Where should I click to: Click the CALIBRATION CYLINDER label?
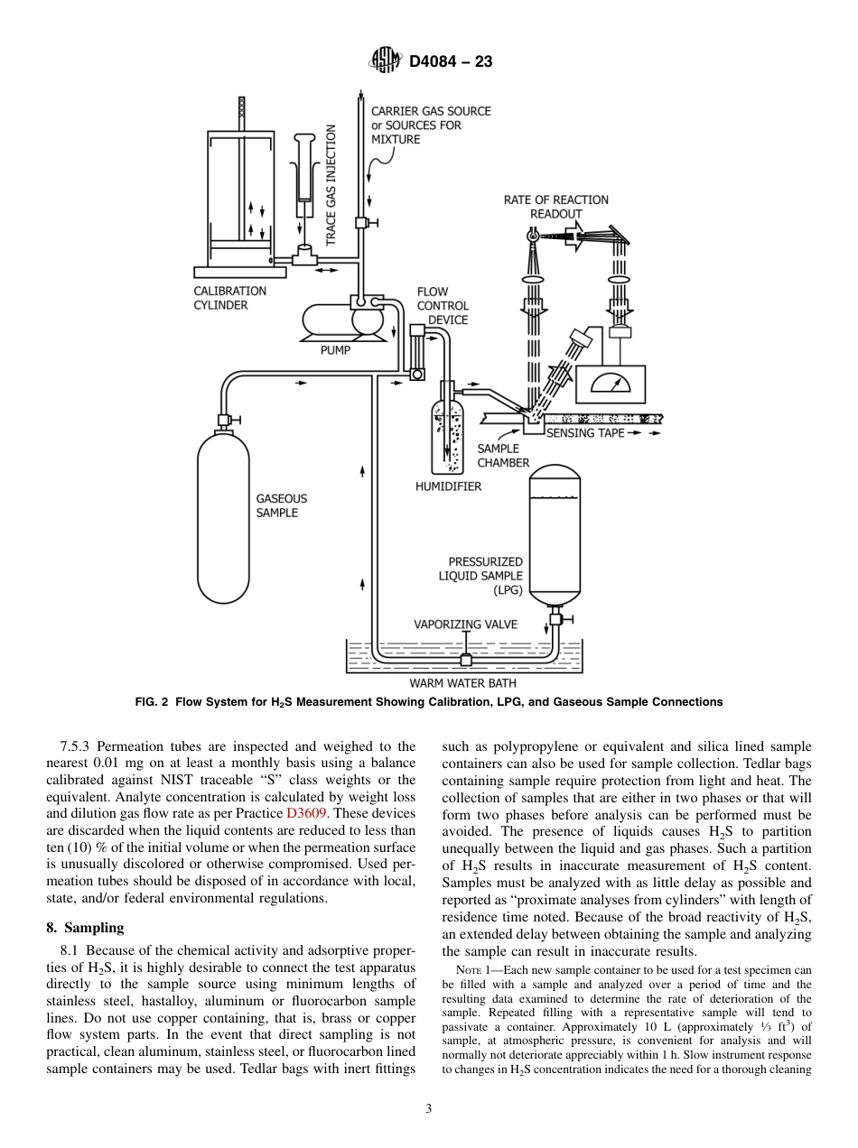[229, 298]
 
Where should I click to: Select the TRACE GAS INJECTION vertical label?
[331, 185]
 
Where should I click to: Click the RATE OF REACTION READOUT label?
[555, 207]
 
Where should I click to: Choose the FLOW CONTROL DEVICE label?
[443, 306]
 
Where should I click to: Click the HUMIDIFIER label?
[448, 486]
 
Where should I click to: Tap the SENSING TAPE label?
[585, 433]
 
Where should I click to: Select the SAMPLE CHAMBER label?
[503, 456]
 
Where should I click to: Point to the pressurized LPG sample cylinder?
[554, 532]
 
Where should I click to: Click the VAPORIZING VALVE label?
[465, 624]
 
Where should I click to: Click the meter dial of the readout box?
[611, 385]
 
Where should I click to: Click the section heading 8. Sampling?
[85, 927]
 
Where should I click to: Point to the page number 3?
[428, 1109]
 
